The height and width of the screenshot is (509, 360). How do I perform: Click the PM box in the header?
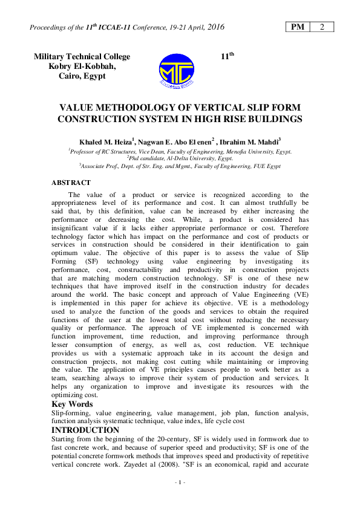297,27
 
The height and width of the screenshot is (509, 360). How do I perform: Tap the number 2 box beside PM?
322,27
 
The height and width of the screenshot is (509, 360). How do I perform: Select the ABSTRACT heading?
71,182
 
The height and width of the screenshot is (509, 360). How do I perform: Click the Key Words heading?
72,404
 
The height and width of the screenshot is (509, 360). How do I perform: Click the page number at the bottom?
180,482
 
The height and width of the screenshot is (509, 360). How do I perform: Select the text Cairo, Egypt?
82,76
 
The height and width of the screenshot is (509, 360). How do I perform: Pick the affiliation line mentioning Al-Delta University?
180,158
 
